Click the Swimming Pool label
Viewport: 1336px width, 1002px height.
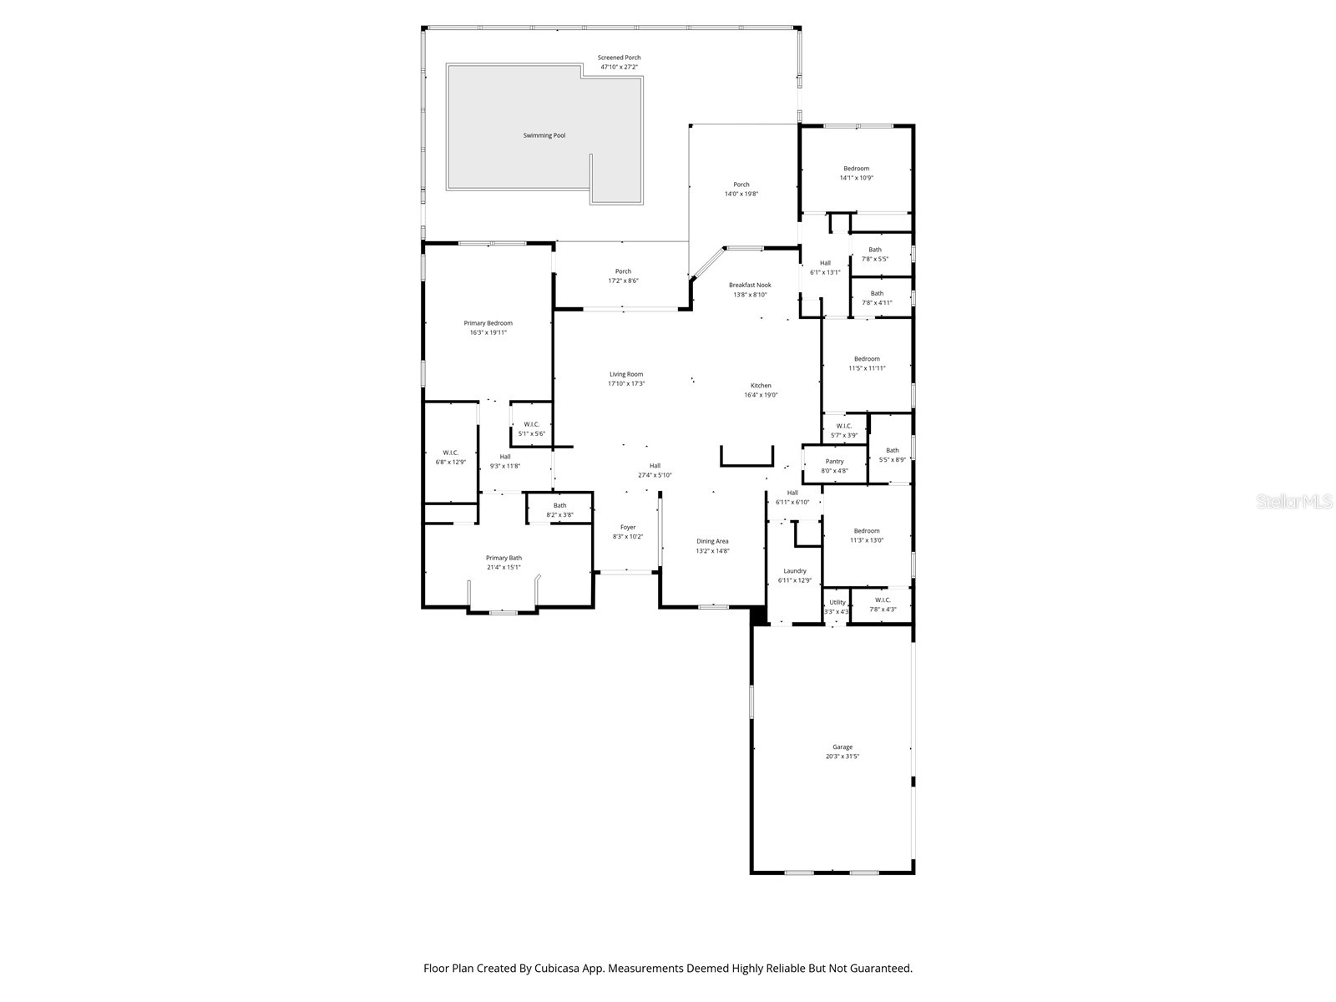pos(544,135)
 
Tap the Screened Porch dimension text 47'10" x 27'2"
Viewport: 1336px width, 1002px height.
pos(619,67)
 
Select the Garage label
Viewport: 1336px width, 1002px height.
pos(842,747)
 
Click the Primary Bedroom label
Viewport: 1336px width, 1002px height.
pos(488,323)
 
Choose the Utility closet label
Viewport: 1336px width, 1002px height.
pos(837,602)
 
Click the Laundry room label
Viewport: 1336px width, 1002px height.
pos(794,571)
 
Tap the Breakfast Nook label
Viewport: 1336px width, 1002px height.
pos(749,285)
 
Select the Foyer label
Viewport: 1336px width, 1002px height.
pos(627,527)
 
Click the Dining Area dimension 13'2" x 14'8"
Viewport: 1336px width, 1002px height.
pos(712,550)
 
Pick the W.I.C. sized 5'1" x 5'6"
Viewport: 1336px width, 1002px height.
pos(532,428)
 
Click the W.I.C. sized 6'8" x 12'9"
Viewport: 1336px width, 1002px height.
pos(451,457)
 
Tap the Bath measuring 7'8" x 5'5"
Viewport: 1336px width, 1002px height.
pos(874,254)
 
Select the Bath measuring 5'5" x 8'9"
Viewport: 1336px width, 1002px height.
pos(892,455)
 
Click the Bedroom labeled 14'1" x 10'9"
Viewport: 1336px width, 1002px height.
pos(856,173)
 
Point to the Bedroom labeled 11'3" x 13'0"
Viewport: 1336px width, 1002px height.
pos(866,535)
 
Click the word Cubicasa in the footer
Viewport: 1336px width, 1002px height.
pos(559,969)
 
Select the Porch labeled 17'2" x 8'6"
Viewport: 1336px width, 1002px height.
pos(623,276)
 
